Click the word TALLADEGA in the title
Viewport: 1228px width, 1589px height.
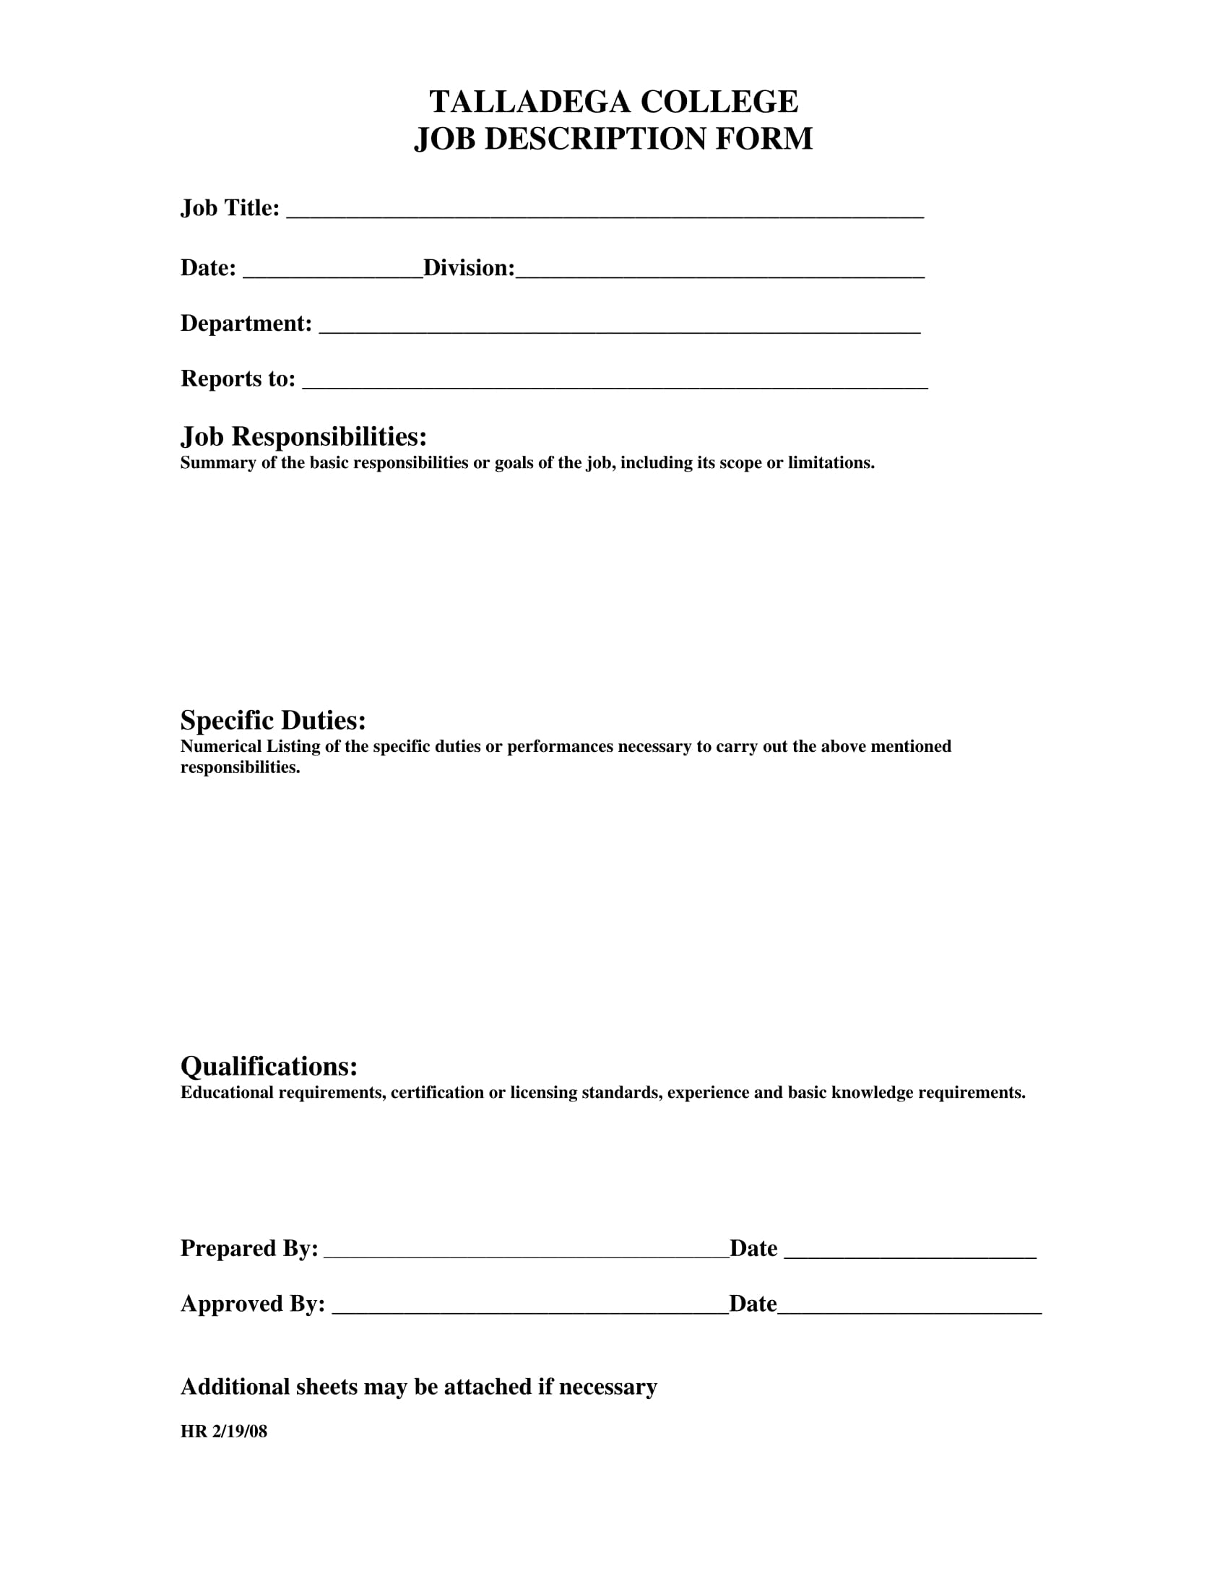coord(529,102)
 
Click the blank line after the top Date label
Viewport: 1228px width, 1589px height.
coord(332,273)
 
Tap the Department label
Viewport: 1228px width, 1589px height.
coord(246,323)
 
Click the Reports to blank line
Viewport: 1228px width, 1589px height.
coord(615,384)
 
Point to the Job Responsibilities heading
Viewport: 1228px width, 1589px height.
coord(303,436)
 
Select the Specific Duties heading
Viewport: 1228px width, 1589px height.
coord(273,720)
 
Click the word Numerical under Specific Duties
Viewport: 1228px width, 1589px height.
coord(220,747)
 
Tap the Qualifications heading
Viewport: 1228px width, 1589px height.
coord(269,1067)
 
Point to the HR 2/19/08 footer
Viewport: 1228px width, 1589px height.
coord(223,1432)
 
